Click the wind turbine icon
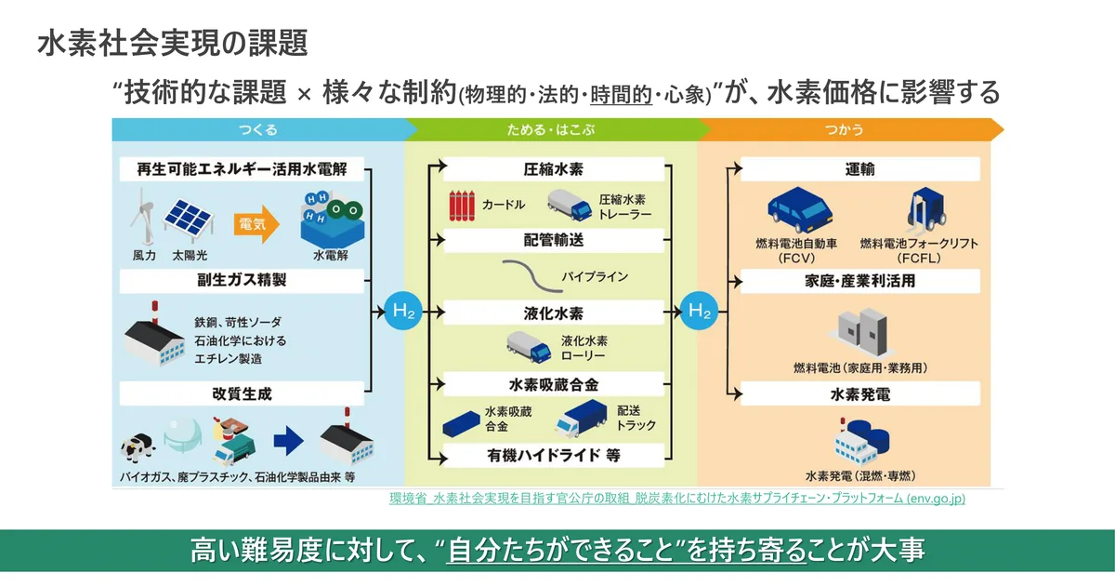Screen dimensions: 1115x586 point(142,216)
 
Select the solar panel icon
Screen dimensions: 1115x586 point(189,219)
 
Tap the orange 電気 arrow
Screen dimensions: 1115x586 point(256,224)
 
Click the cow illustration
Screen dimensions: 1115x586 point(138,447)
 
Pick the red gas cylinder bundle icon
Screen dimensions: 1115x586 point(462,206)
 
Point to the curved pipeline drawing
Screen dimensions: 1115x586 point(532,276)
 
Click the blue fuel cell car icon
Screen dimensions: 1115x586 point(800,210)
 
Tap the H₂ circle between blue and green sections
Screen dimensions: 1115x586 point(403,311)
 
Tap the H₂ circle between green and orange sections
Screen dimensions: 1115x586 point(699,311)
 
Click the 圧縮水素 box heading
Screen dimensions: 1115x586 point(554,169)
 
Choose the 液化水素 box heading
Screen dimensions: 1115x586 point(554,313)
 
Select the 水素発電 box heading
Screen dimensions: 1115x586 point(860,394)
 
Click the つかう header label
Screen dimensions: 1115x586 point(844,130)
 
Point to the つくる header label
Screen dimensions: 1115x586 point(258,130)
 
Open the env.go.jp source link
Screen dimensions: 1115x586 point(677,499)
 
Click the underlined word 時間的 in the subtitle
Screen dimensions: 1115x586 point(621,95)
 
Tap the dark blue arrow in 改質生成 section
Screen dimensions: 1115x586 point(288,441)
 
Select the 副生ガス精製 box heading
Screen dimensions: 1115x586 point(242,281)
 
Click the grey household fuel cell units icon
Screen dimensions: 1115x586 point(862,331)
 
